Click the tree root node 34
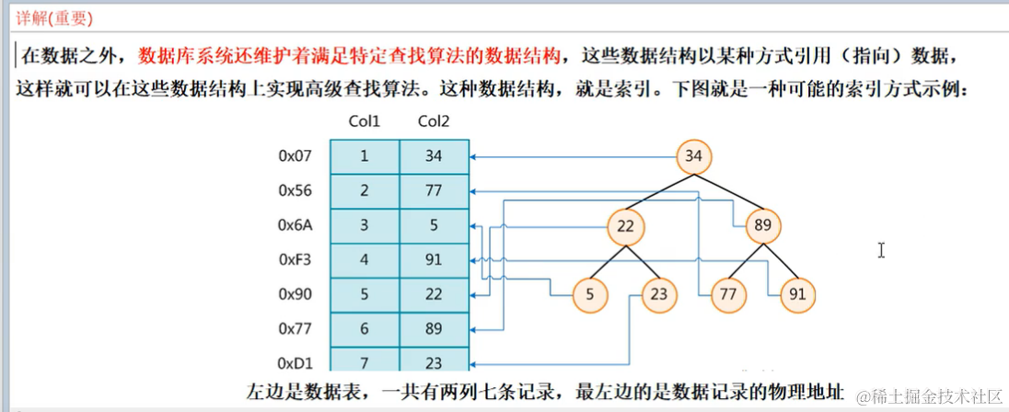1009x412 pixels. tap(693, 156)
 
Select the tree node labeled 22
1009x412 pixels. tap(626, 226)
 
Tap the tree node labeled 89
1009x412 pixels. tap(763, 226)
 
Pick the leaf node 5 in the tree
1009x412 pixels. tap(589, 295)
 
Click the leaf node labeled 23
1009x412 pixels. tap(660, 295)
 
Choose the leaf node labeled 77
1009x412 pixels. tap(727, 295)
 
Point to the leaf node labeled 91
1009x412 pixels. tap(797, 295)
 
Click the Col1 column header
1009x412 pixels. tap(364, 121)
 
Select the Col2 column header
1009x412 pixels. tap(434, 121)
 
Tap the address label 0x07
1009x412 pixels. tap(296, 156)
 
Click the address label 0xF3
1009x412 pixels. tap(296, 260)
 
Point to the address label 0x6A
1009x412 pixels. tap(296, 226)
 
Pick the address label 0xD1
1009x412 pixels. tap(296, 363)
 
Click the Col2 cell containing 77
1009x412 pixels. tap(434, 191)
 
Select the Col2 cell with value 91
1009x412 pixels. tap(434, 260)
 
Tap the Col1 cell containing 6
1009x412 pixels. tap(364, 329)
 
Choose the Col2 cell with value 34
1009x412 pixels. tap(434, 156)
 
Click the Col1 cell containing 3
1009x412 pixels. tap(364, 226)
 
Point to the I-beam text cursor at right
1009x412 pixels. tap(881, 250)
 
